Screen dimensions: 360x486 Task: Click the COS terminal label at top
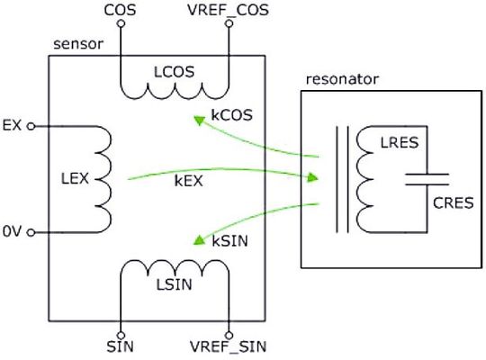120,11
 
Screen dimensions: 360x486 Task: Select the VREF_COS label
229,11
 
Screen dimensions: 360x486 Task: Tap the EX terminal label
13,126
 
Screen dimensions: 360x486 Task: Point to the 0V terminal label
13,232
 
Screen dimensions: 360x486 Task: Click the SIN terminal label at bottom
120,346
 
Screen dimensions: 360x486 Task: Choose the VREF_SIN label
229,346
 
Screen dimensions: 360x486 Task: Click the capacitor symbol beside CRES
427,178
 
